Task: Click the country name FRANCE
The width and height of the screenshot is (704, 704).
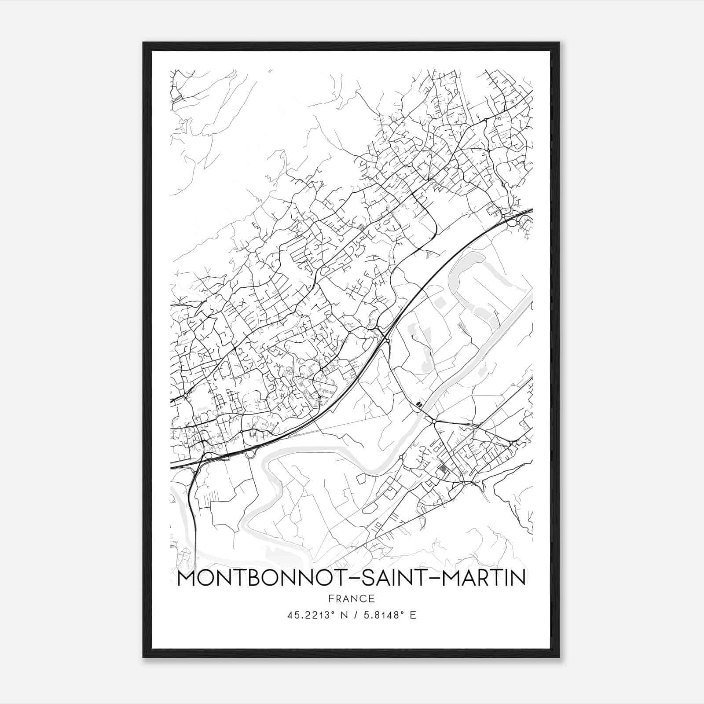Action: point(351,599)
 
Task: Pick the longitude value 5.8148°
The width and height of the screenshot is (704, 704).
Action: point(385,615)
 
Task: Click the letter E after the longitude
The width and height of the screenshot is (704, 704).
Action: point(413,615)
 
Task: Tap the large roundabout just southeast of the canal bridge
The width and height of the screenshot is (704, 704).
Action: point(434,422)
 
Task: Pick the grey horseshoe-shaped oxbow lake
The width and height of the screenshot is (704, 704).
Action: point(466,282)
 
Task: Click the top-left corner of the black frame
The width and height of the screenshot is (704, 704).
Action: point(143,43)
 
